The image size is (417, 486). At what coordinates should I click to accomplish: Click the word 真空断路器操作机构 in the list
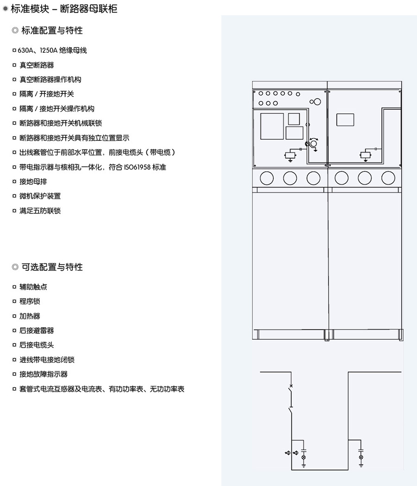pyautogui.click(x=50, y=80)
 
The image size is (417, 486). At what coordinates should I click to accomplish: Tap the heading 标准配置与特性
pyautogui.click(x=52, y=31)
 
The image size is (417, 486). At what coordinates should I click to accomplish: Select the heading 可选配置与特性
pyautogui.click(x=52, y=267)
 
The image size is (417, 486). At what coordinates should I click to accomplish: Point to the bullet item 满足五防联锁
pyautogui.click(x=40, y=211)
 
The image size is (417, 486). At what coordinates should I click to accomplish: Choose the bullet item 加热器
pyautogui.click(x=30, y=316)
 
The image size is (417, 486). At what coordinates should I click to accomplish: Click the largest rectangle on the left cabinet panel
pyautogui.click(x=272, y=126)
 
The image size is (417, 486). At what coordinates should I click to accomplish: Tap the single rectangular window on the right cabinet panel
pyautogui.click(x=345, y=120)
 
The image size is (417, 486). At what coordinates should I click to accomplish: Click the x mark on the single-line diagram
pyautogui.click(x=291, y=386)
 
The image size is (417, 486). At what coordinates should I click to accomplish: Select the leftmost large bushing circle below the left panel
pyautogui.click(x=267, y=178)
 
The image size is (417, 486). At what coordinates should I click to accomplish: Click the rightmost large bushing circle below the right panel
pyautogui.click(x=388, y=178)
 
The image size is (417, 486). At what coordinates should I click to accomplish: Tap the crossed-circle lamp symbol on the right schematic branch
pyautogui.click(x=361, y=457)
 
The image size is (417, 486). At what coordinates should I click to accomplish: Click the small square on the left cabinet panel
pyautogui.click(x=294, y=119)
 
